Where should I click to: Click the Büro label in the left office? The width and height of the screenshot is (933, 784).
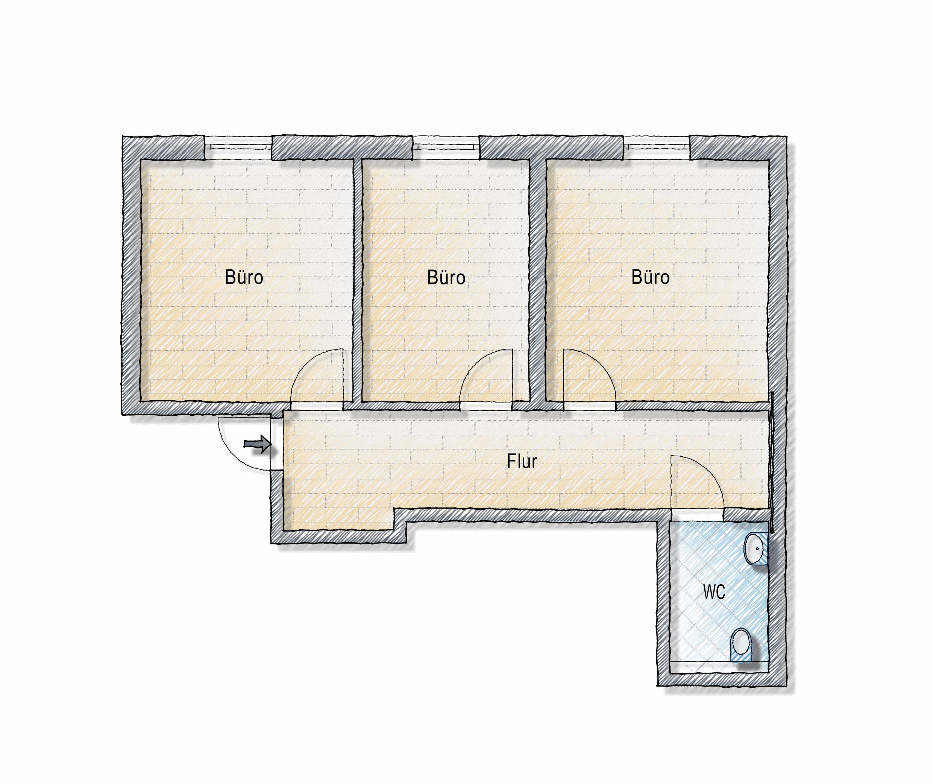[244, 277]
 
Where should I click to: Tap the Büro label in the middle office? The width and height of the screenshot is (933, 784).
[446, 277]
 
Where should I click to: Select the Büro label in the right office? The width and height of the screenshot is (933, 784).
[651, 277]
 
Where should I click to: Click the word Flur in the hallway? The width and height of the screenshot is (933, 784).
[522, 461]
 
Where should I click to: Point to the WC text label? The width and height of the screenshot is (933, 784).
[714, 592]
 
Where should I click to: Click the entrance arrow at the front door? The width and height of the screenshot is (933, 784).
[258, 444]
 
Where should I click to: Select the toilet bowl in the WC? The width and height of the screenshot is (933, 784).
[741, 645]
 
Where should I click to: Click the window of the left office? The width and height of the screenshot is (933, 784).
[238, 147]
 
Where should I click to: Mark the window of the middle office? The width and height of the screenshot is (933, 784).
[446, 147]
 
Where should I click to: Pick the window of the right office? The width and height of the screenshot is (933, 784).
[657, 147]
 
